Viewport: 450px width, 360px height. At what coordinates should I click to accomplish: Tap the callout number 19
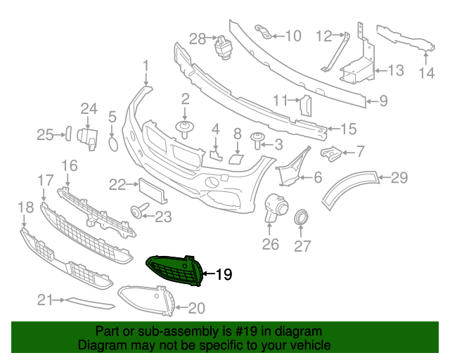click(223, 275)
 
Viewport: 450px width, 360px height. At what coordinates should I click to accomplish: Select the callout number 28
click(197, 38)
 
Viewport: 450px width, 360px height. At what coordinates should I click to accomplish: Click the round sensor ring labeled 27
click(301, 217)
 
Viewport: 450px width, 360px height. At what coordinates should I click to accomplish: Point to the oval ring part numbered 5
click(112, 144)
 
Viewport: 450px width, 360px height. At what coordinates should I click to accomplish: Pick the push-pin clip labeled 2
click(185, 129)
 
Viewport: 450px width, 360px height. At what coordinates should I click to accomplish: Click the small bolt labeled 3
click(257, 145)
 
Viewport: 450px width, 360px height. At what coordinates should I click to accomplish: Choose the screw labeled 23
click(136, 210)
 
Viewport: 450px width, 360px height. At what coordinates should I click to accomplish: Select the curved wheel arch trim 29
click(352, 188)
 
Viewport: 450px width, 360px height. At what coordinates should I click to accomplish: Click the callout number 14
click(427, 72)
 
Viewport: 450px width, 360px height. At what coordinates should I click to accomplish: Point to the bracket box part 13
click(357, 70)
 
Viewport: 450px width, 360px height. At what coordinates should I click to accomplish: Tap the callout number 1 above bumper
click(146, 67)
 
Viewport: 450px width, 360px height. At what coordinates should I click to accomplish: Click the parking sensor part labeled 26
click(274, 210)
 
